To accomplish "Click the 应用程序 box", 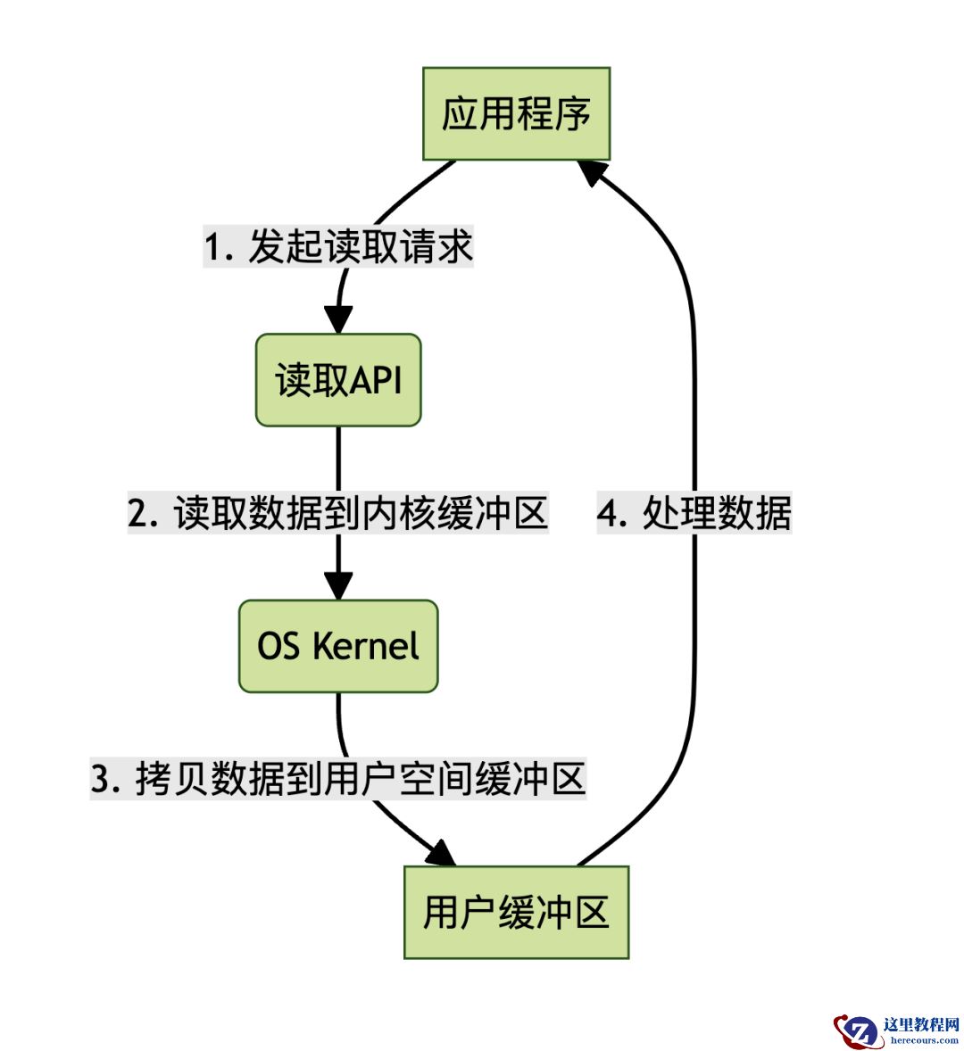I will pos(516,114).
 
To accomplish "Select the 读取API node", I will pos(338,380).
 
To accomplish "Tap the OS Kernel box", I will pos(338,646).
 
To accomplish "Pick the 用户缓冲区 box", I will pos(516,912).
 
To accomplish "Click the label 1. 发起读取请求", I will pos(338,247).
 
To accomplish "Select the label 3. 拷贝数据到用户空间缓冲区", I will pos(338,779).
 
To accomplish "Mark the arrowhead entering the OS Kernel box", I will pos(338,585).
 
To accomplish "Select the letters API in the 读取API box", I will pos(376,380).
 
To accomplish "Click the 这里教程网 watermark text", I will pos(920,1024).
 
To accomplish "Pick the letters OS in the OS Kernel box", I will pos(278,646).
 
